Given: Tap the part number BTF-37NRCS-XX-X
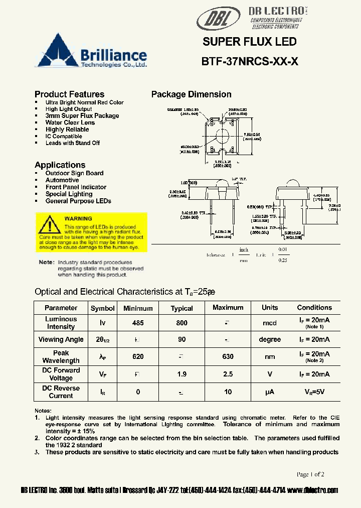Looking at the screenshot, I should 250,62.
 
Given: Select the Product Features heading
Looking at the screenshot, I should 69,94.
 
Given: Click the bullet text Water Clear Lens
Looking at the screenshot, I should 70,122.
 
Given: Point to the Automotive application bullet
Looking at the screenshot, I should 62,180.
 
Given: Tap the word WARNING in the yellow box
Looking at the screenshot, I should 78,218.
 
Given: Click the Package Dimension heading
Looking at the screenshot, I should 191,94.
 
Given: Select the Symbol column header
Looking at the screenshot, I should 102,308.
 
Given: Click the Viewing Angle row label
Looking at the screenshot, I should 61,340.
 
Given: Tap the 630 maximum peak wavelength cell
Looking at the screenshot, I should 228,356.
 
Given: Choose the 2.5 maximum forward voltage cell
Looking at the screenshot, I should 228,374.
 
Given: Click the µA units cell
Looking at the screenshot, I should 270,392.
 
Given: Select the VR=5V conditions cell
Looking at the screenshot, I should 314,392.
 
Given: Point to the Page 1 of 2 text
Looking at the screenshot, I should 310,474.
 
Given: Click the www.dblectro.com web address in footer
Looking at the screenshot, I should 313,490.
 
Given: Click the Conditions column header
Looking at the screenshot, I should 314,308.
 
